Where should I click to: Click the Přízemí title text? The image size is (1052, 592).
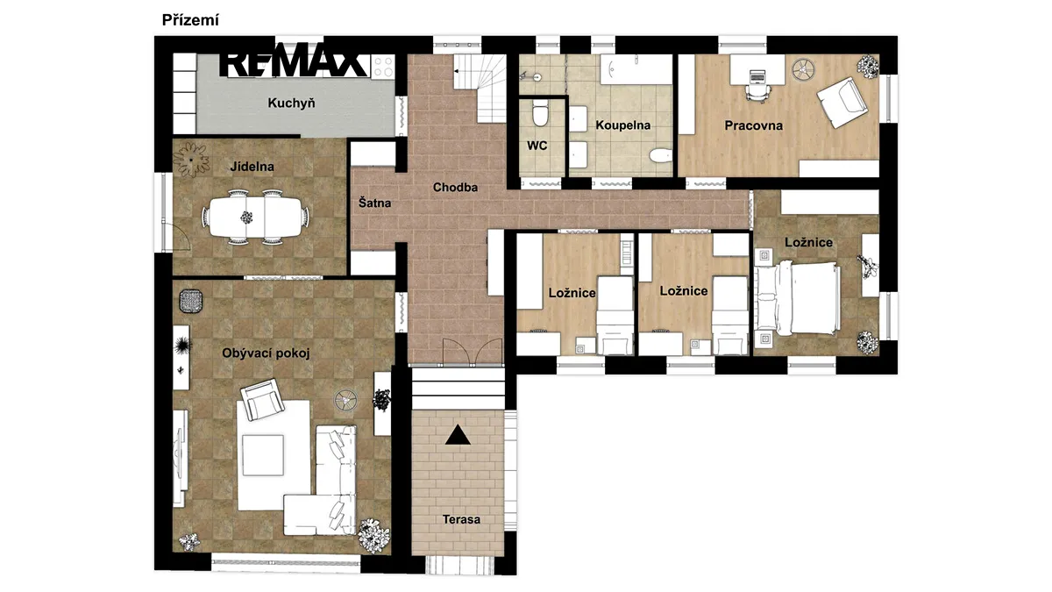(x=190, y=20)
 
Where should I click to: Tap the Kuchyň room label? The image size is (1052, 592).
(x=291, y=103)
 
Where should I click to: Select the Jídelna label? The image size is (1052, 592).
(x=252, y=167)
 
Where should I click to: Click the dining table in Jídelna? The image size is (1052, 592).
(x=256, y=218)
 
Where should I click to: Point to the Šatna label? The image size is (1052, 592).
(x=374, y=203)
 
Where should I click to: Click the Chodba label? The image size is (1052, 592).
(x=455, y=188)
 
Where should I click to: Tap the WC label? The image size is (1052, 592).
(x=537, y=146)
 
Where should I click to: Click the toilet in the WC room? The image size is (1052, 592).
(x=541, y=112)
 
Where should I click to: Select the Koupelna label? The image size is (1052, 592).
(x=622, y=125)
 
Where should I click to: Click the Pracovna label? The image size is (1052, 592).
(x=753, y=125)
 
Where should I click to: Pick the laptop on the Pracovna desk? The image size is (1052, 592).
(x=757, y=75)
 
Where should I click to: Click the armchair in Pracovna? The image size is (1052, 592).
(x=842, y=102)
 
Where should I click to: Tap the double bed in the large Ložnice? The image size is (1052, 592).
(x=797, y=298)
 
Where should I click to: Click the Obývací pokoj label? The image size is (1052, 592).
(x=266, y=353)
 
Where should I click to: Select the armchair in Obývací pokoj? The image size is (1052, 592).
(x=262, y=399)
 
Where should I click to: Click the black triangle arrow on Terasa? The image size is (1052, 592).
(x=458, y=435)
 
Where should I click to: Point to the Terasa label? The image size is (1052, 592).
(x=461, y=519)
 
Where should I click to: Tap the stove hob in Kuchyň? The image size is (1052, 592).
(x=383, y=67)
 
